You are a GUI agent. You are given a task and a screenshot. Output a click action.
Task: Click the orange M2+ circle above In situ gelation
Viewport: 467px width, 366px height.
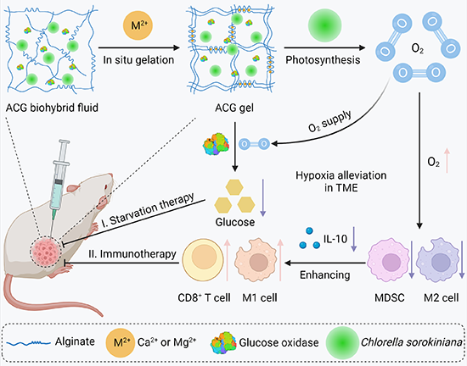(138, 25)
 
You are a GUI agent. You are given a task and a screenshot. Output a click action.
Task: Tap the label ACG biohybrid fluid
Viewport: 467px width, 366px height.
(52, 108)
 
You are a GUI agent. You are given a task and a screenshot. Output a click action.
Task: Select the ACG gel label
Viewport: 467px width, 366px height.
(234, 108)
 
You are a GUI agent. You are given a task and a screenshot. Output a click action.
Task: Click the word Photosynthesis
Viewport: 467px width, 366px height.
(323, 60)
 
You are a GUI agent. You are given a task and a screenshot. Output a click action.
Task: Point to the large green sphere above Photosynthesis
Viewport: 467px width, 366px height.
(325, 25)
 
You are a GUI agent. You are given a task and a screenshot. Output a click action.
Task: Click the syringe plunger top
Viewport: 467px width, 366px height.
(65, 142)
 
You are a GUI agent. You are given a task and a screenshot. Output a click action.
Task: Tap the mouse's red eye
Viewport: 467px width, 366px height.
(106, 187)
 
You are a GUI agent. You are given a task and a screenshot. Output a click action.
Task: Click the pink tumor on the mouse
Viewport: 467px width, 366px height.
(46, 252)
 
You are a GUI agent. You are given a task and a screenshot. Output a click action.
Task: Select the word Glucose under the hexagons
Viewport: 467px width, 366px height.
(235, 222)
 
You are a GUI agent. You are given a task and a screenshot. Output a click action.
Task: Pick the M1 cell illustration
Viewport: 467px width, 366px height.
(256, 261)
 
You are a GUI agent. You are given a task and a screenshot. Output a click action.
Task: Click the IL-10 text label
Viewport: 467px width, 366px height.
(335, 239)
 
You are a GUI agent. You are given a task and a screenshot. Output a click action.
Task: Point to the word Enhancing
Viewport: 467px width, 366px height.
(324, 275)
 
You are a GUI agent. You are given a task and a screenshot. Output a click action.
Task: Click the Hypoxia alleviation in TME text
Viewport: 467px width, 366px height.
(341, 181)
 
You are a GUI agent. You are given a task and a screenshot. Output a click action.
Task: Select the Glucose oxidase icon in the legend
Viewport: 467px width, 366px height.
(223, 343)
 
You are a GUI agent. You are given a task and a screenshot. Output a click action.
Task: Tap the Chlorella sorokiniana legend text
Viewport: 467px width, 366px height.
(412, 342)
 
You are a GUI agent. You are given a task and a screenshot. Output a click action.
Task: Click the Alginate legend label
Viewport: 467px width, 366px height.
(75, 341)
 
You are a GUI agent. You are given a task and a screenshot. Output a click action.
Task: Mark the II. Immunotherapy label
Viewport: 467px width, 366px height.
(132, 254)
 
